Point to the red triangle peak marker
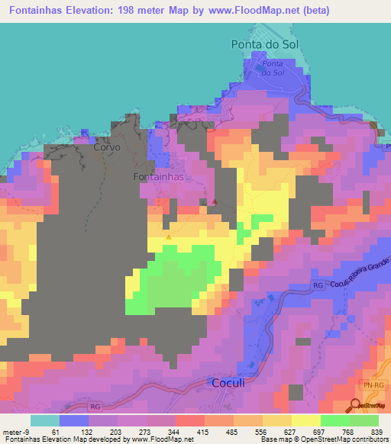(215, 201)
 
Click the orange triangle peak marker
(168, 236)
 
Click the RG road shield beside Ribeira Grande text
(318, 285)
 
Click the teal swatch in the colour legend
(45, 420)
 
